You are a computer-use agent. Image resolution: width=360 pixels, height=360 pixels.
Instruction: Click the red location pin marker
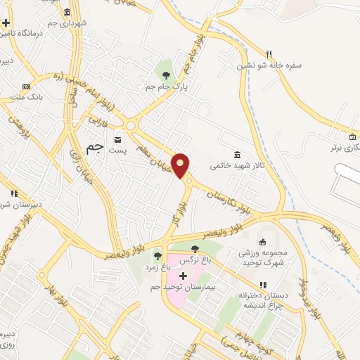point(181,165)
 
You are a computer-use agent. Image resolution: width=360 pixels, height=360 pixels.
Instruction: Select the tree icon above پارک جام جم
point(167,75)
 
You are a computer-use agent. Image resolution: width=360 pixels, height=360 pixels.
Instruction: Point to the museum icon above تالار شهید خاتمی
point(238,155)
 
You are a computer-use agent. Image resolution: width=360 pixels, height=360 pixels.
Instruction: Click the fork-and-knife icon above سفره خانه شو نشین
point(269,53)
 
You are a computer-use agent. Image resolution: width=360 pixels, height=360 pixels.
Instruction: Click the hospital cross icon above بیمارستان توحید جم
point(184,275)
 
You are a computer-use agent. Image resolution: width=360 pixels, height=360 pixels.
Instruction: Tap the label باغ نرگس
point(196,260)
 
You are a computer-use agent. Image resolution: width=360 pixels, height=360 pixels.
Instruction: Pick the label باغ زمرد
point(158,267)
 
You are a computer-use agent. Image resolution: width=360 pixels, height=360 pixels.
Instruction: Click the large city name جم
point(94,148)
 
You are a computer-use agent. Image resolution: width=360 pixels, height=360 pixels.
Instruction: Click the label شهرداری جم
point(68,23)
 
